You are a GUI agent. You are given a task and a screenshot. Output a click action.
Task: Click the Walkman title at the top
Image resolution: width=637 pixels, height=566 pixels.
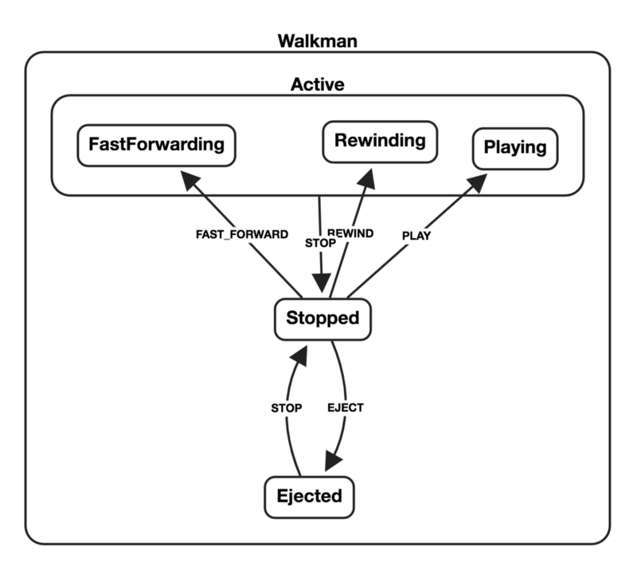pos(317,41)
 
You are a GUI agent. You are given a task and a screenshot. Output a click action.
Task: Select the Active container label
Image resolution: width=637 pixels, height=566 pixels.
pos(317,84)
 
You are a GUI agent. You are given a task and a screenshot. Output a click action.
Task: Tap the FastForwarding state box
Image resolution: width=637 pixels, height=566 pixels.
pos(156,146)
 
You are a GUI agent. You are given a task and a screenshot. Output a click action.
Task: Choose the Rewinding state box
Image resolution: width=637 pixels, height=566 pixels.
pos(380,142)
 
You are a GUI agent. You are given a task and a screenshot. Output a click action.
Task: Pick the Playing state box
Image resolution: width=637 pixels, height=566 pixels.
pos(515,149)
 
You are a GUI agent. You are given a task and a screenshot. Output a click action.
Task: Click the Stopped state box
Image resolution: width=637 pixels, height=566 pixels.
pos(322,319)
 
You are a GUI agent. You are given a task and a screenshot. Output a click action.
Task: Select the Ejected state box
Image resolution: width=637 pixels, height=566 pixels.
pos(309,497)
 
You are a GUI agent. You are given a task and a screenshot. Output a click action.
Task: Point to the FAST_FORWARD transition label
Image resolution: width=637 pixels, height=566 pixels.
pos(242,234)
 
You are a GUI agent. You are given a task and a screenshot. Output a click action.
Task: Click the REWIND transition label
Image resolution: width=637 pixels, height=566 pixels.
pos(350,233)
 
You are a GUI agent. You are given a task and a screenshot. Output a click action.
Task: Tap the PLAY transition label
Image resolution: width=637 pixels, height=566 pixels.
pos(416,236)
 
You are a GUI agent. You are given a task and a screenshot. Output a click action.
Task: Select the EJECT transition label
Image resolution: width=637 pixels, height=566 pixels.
pos(346,408)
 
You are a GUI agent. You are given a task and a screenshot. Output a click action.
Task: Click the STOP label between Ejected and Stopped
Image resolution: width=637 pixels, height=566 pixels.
pos(287,408)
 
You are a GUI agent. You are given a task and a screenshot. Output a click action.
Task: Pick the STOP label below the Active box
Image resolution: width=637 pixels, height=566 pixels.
pos(320,243)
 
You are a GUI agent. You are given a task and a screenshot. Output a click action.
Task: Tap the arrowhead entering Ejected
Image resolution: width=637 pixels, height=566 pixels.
pos(333,462)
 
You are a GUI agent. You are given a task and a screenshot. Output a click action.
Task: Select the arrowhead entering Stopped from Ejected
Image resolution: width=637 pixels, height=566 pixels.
pos(299,356)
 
